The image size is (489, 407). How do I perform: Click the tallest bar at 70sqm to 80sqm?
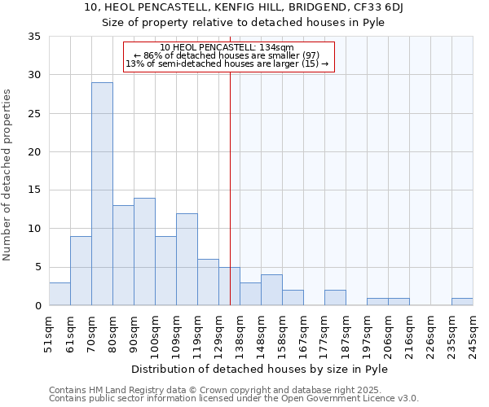(x=102, y=194)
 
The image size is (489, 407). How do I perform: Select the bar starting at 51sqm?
(x=59, y=294)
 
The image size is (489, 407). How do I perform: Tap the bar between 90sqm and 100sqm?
(x=144, y=252)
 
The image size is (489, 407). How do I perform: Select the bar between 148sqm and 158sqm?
(x=271, y=290)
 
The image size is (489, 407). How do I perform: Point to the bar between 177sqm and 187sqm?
(x=335, y=298)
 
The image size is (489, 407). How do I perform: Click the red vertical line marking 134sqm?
(x=230, y=187)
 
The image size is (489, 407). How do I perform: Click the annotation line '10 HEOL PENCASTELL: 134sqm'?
(x=228, y=47)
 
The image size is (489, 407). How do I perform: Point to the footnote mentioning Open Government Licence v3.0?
(x=234, y=399)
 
